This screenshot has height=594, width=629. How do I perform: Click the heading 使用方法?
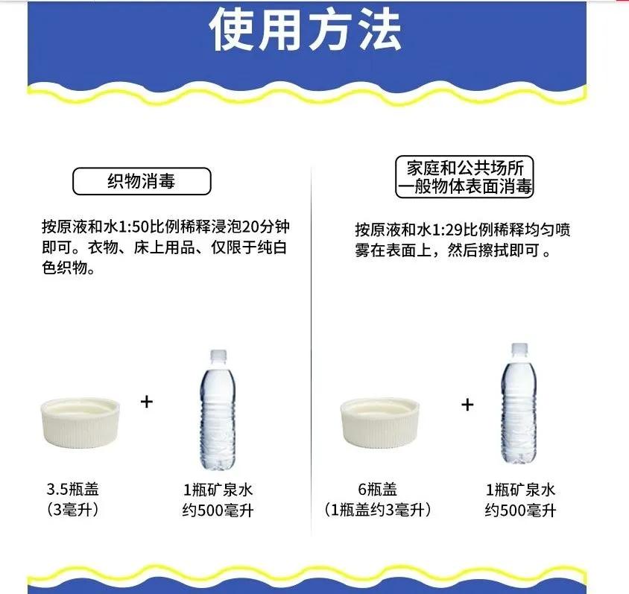point(305,31)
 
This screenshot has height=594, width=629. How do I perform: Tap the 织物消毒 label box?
point(142,181)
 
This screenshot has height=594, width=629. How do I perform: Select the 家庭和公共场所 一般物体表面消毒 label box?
point(464,177)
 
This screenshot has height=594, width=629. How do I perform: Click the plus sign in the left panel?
point(146,402)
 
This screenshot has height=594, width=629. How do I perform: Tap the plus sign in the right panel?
point(467,405)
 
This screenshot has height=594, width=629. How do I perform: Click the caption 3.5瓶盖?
point(72,490)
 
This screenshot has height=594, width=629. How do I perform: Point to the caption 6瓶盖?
point(377,490)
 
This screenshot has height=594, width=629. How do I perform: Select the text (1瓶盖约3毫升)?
point(377,511)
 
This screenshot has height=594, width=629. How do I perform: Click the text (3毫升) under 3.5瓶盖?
point(72,511)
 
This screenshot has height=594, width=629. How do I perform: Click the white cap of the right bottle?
point(519,348)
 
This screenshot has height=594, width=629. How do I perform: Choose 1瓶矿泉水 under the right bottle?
point(520,490)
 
